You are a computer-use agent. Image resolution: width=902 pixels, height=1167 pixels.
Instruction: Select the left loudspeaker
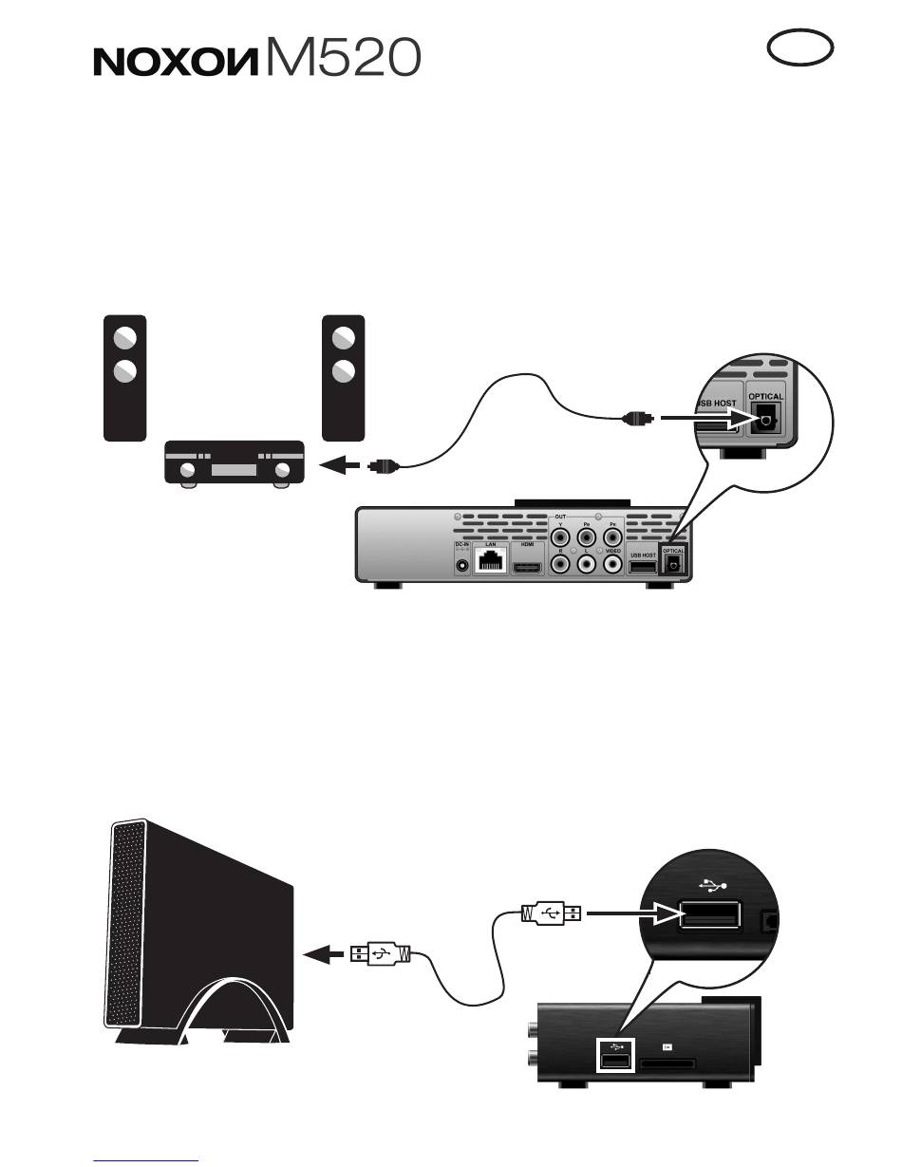124,378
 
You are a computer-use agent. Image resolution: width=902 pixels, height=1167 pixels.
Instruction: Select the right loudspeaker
344,378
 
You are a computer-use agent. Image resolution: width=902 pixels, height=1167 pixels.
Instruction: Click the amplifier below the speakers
234,464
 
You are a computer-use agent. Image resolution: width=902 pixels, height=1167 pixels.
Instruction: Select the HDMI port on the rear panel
529,567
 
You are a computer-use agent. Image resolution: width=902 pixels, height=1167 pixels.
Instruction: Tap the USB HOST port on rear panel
643,567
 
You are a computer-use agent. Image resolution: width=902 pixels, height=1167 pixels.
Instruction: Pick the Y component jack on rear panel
560,536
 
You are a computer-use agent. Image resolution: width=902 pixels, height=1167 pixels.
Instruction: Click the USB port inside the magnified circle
710,915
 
